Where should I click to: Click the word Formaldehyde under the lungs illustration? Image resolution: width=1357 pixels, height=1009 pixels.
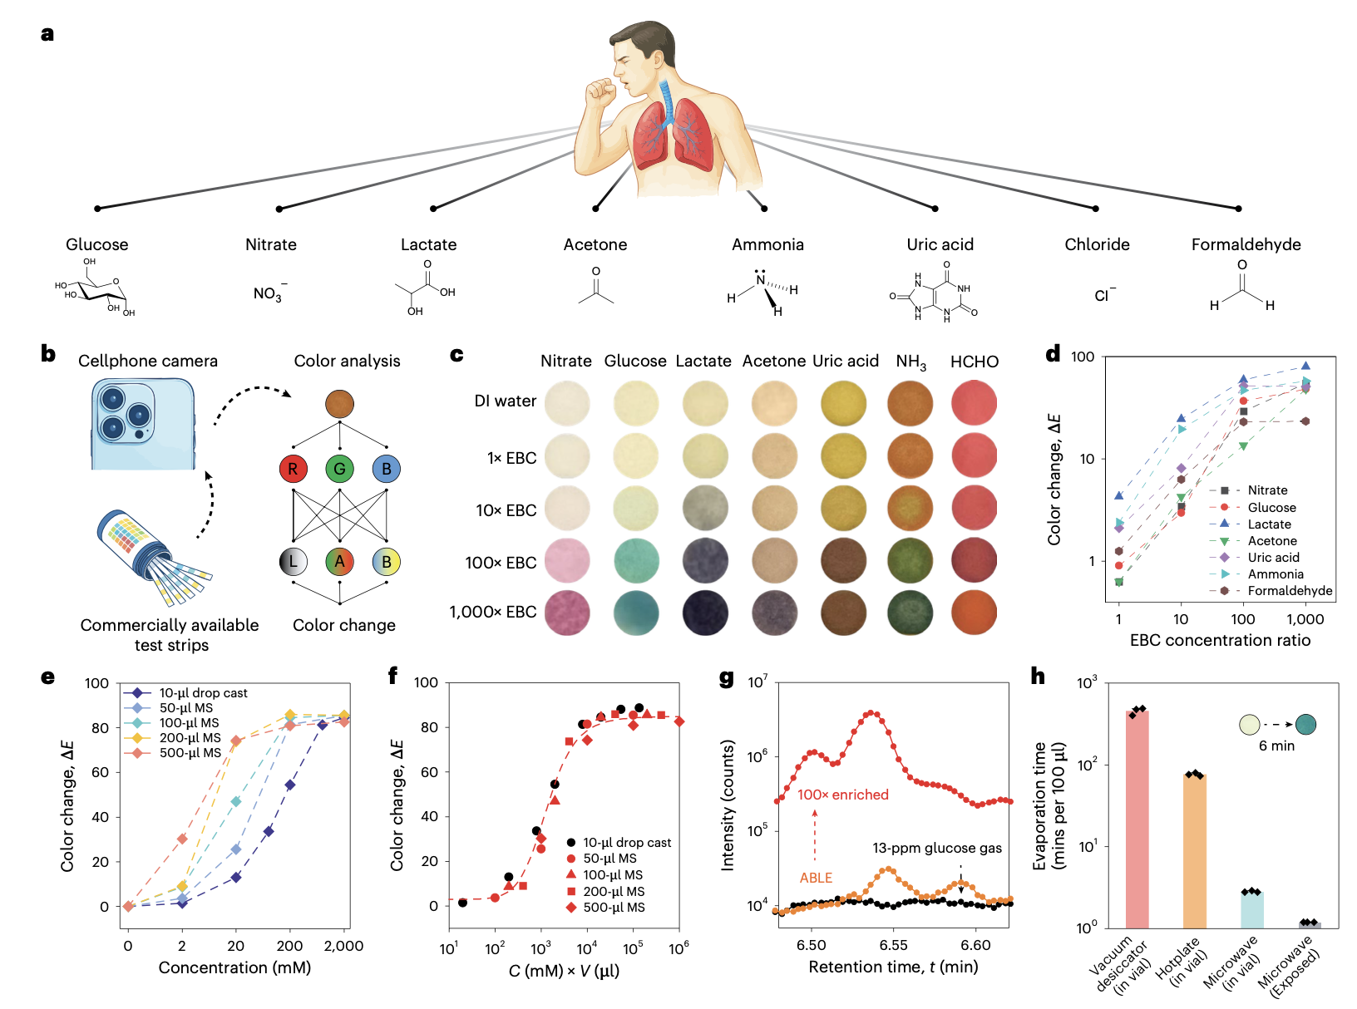point(1246,244)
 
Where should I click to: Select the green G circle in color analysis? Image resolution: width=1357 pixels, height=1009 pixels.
point(339,469)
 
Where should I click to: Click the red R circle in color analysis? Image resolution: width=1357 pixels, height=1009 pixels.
point(293,469)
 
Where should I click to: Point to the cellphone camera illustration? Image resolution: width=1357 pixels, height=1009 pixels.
point(143,424)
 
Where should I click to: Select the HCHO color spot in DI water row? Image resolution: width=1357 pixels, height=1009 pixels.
point(974,403)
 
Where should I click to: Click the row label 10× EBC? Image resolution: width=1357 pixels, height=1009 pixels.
point(506,510)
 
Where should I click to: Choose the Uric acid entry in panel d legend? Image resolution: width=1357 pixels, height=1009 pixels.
point(1273,558)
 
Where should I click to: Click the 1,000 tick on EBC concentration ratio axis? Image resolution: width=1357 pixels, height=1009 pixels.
point(1305,619)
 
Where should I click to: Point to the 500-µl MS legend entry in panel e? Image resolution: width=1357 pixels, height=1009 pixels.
point(190,753)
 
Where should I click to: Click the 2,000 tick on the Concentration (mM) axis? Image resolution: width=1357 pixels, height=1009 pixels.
point(343,946)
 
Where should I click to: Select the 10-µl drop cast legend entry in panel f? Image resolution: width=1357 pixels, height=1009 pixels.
point(626,843)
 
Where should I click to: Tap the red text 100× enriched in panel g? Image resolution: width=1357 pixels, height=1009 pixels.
point(842,795)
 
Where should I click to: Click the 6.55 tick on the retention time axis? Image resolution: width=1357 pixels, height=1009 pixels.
point(893,945)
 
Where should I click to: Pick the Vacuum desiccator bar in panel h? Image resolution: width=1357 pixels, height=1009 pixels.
point(1137,819)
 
